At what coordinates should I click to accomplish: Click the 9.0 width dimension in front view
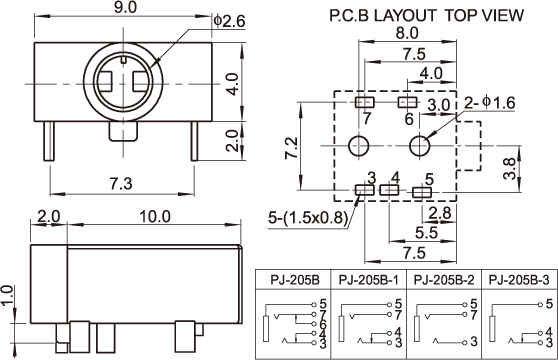click(125, 7)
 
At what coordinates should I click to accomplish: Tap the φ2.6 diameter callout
click(230, 21)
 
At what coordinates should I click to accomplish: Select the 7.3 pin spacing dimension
click(121, 184)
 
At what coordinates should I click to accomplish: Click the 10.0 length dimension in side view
click(155, 217)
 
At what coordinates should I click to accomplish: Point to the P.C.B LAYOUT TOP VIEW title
click(427, 15)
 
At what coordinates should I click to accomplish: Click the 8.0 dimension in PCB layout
click(407, 33)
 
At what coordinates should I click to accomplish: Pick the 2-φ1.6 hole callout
click(490, 102)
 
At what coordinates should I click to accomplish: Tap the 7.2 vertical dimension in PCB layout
click(292, 148)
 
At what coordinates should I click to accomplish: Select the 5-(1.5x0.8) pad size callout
click(308, 217)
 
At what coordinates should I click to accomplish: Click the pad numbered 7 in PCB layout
click(365, 102)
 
